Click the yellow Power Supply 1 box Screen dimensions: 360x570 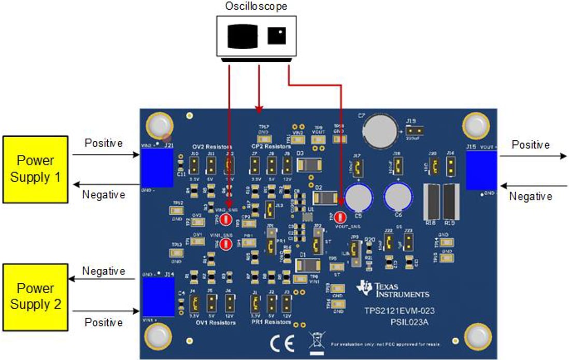click(36, 169)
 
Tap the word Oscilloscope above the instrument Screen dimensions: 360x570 click(256, 6)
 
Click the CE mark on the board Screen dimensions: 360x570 click(282, 342)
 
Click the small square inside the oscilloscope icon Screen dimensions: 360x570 click(277, 36)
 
